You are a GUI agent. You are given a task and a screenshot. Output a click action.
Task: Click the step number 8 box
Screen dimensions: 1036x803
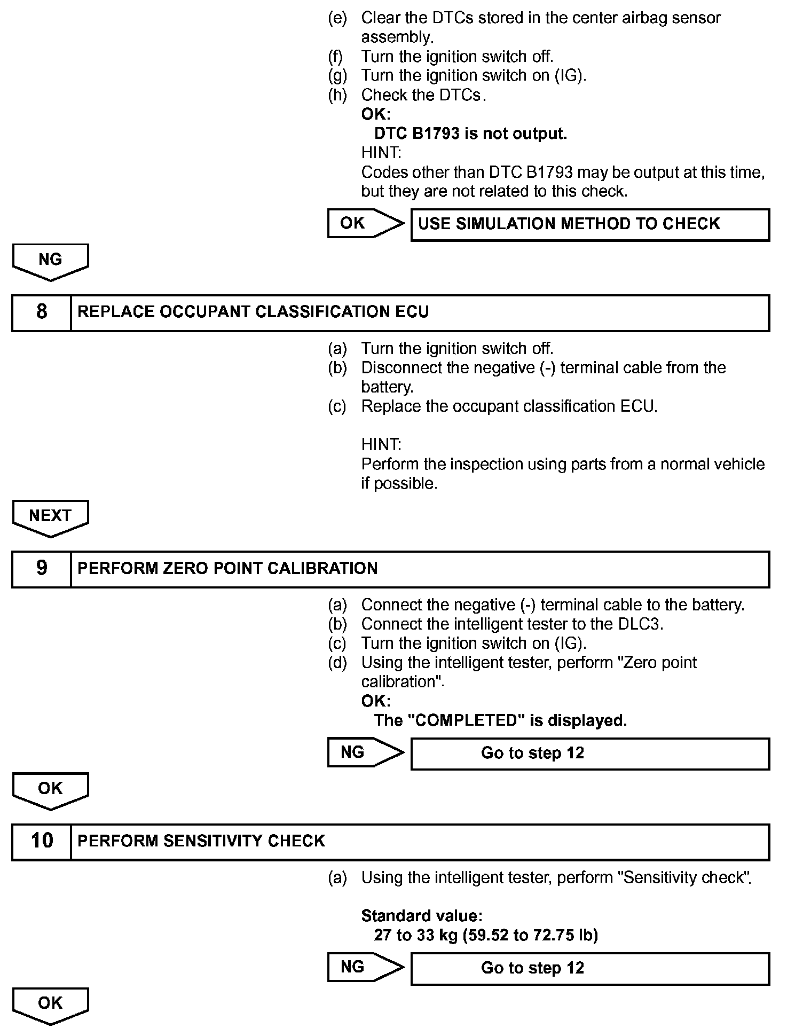coord(42,312)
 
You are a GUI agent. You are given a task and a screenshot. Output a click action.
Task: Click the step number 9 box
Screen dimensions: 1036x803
coord(42,569)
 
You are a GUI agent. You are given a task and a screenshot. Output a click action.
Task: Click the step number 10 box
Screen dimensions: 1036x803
coord(42,841)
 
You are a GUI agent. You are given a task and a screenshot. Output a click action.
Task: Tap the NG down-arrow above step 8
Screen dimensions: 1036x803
coord(50,261)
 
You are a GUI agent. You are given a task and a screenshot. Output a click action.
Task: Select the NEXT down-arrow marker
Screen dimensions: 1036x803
coord(50,517)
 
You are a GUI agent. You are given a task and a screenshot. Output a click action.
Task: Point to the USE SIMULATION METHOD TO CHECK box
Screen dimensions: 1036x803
coord(589,224)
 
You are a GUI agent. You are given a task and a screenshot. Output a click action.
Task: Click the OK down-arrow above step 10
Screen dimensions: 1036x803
coord(50,789)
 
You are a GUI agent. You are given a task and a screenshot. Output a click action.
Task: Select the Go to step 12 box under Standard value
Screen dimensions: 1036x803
coord(589,968)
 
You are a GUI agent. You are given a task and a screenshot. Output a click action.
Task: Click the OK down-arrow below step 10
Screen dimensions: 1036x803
coord(50,1004)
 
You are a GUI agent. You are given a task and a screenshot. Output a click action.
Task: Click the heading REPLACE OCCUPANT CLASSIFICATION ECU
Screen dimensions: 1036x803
coord(253,312)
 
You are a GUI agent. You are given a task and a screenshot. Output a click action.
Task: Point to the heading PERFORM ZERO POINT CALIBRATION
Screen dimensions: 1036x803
coord(227,569)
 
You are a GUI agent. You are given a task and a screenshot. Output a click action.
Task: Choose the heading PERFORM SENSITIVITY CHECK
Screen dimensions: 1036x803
coord(201,841)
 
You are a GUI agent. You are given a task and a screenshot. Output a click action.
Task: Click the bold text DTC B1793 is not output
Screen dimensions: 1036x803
coord(470,134)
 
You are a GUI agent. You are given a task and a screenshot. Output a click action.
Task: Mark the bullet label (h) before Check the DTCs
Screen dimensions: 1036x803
coord(337,95)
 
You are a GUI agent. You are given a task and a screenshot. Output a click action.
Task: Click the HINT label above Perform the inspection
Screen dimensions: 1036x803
coord(381,444)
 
